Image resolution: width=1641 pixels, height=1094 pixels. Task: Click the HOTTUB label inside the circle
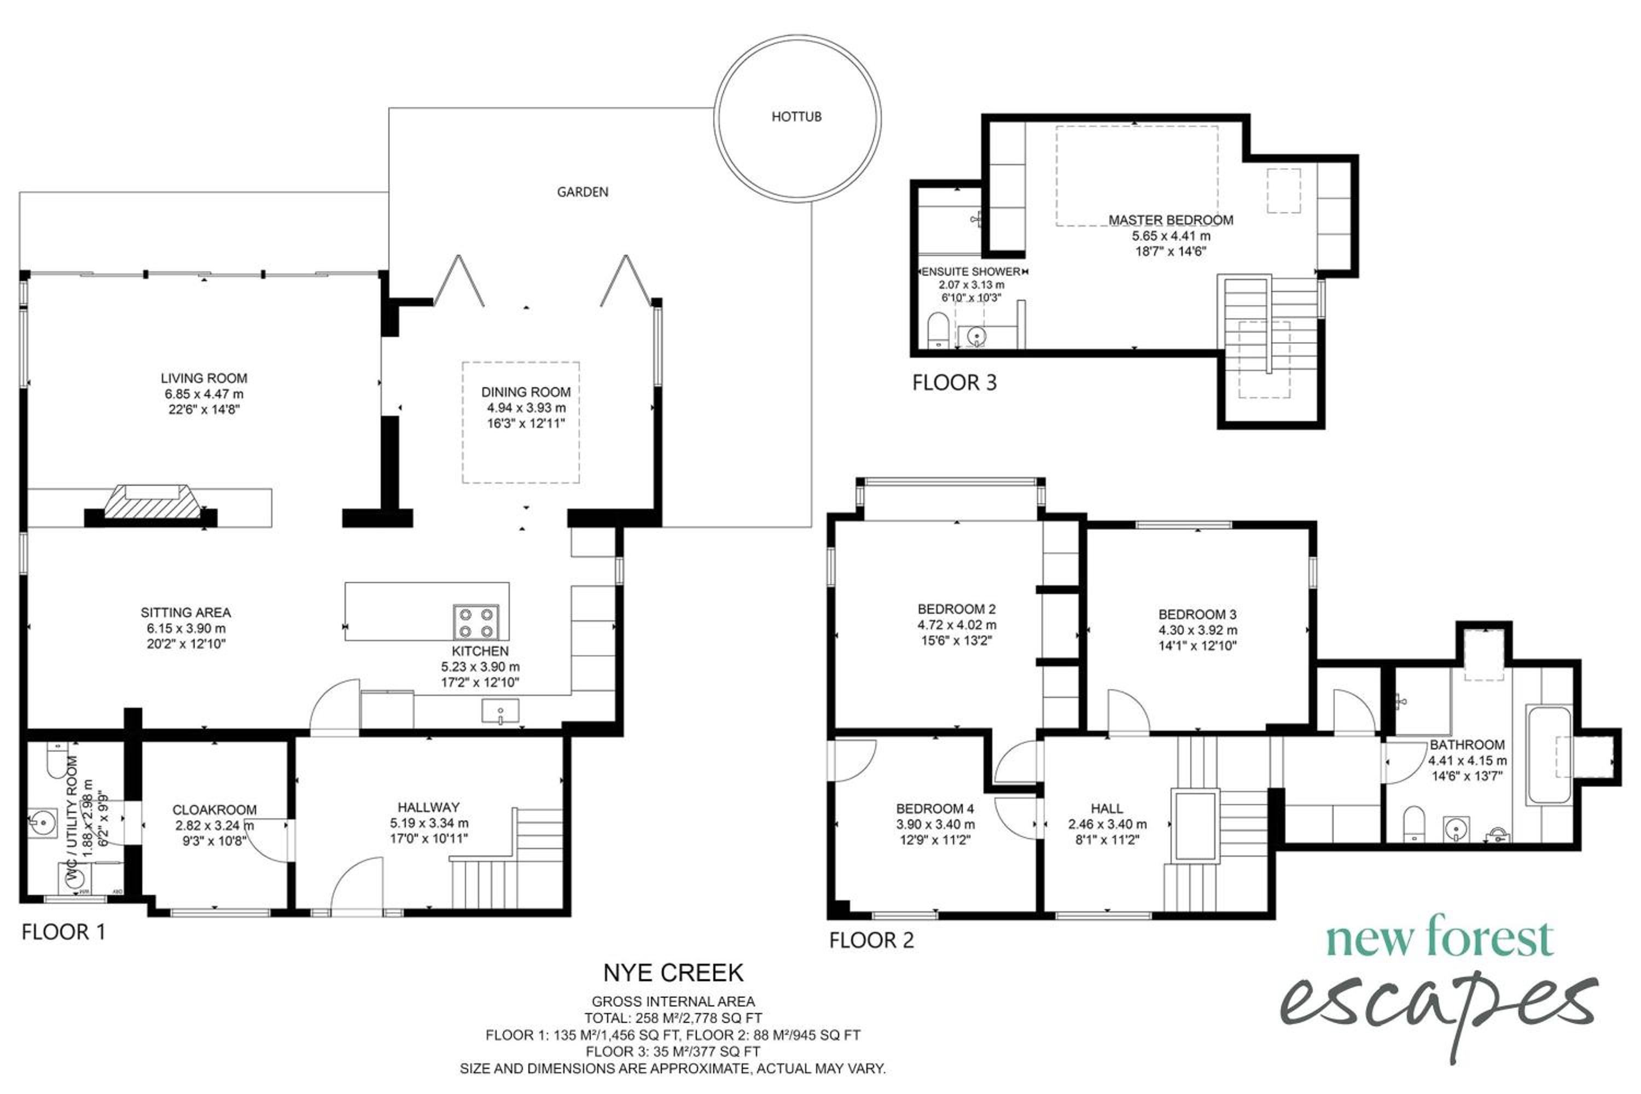(796, 117)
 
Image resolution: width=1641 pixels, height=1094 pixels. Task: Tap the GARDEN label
(582, 192)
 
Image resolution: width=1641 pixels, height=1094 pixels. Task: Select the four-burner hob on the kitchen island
(476, 622)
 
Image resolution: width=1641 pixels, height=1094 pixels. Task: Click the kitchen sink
(501, 711)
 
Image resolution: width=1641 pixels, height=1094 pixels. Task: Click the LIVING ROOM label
(203, 378)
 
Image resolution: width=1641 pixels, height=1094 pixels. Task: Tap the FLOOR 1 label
(63, 932)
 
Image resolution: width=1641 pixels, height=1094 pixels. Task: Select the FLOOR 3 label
(955, 382)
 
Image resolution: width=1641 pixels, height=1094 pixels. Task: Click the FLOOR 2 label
(871, 940)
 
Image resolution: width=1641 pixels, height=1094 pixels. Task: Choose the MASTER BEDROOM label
(1171, 220)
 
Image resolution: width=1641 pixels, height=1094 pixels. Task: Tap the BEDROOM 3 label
(1197, 615)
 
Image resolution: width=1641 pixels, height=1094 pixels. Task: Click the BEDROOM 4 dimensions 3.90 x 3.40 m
(935, 824)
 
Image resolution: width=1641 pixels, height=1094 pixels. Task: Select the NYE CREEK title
(673, 973)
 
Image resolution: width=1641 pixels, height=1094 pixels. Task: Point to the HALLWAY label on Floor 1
(428, 807)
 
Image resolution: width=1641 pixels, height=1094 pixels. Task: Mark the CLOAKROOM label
(214, 810)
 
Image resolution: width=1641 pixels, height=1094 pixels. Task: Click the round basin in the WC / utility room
(43, 823)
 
